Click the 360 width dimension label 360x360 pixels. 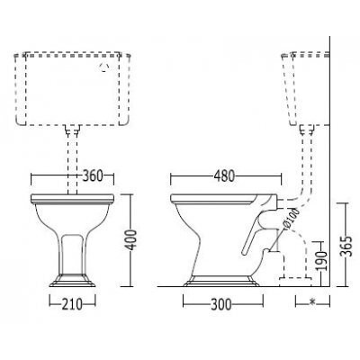point(93,176)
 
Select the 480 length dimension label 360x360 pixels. point(224,176)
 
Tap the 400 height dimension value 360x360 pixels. point(130,240)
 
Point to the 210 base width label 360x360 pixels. point(72,305)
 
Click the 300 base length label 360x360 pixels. point(221,305)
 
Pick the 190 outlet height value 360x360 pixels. point(321,260)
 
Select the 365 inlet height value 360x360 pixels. point(346,247)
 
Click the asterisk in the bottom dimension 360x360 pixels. point(312,302)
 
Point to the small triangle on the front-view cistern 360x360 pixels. point(104,68)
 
